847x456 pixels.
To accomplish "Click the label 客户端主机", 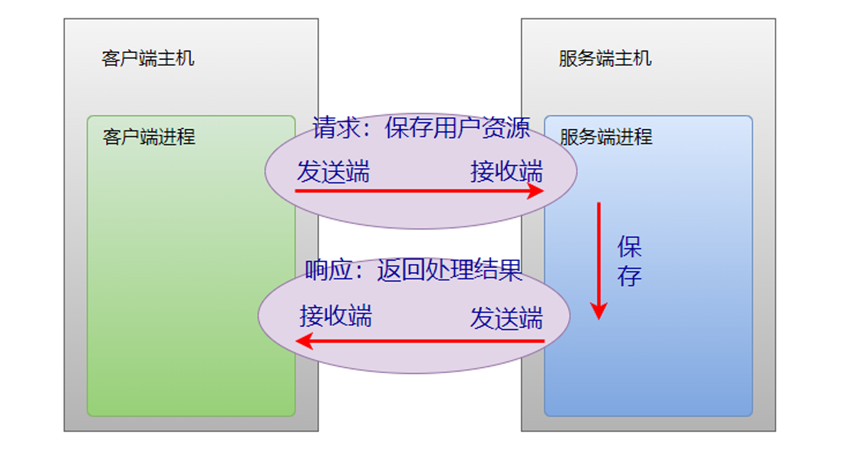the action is (148, 58).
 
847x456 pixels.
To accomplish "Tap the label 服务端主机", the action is (605, 58).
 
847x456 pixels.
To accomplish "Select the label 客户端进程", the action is (149, 137).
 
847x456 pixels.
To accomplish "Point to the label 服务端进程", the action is (606, 137).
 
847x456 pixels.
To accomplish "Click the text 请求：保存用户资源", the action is (421, 127).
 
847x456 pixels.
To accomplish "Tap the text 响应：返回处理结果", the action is (414, 270).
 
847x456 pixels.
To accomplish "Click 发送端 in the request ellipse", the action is (333, 172).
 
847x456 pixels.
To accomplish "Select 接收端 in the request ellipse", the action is (506, 172).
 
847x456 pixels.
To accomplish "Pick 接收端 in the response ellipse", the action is (335, 316).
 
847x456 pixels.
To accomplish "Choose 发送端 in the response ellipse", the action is (506, 318).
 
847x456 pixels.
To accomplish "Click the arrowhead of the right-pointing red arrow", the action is (536, 191).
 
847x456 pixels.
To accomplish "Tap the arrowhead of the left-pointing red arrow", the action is (305, 341).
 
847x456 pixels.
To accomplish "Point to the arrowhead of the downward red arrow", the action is (598, 310).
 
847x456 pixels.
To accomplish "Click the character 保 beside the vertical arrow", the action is (629, 247).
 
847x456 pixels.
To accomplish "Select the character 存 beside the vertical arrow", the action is (629, 276).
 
